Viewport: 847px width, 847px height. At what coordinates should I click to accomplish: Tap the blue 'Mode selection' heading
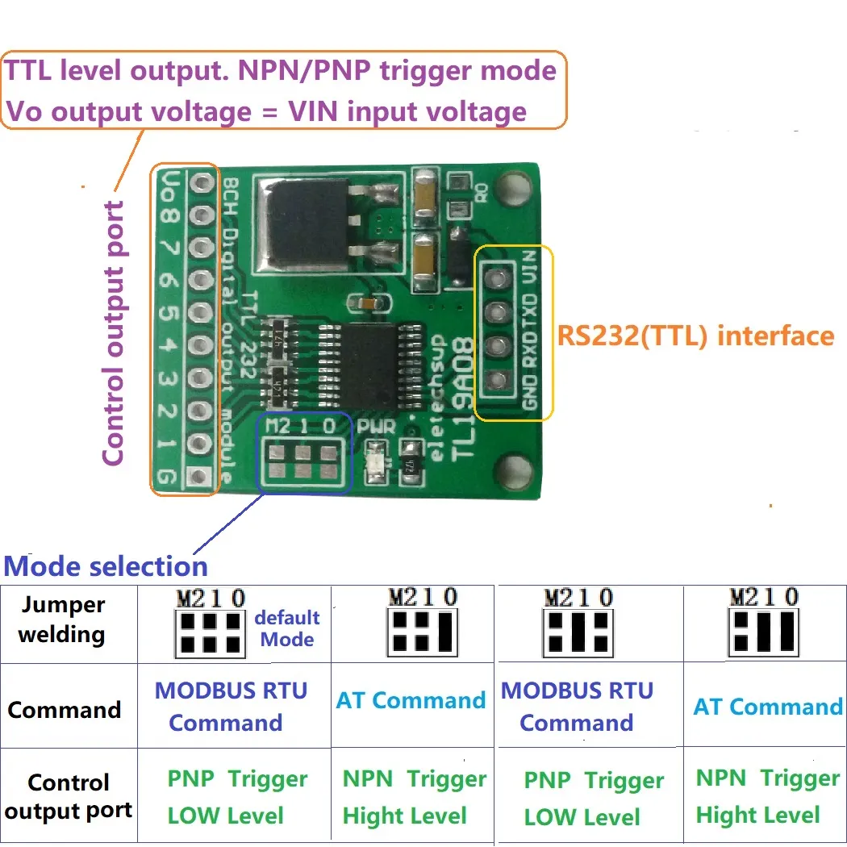tap(106, 565)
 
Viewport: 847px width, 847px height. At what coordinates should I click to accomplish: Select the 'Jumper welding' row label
tap(62, 620)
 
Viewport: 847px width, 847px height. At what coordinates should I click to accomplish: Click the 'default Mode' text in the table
tap(287, 628)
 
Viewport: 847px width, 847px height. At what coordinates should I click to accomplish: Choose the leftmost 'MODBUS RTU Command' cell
tap(231, 706)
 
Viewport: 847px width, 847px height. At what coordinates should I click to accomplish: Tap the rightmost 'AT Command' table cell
tap(767, 707)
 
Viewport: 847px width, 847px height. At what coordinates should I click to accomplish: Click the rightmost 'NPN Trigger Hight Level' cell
tap(767, 796)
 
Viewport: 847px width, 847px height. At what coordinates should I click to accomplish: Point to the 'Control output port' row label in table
tap(69, 796)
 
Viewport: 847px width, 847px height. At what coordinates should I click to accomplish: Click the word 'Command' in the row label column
tap(64, 710)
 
